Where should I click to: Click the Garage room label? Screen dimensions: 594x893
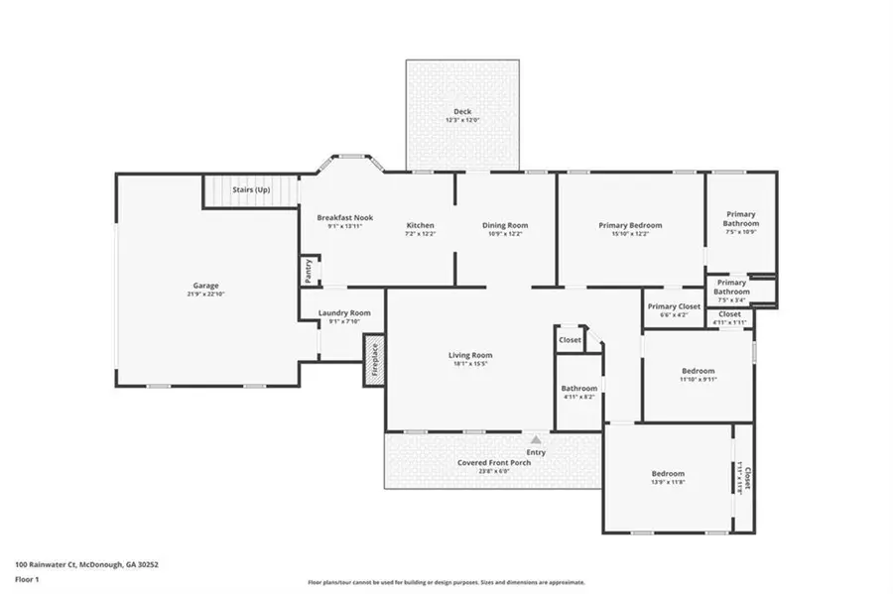coord(205,286)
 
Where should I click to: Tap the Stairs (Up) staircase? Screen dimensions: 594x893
coord(251,189)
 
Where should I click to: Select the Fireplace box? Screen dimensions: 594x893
coord(374,361)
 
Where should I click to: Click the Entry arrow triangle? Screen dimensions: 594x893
coord(536,439)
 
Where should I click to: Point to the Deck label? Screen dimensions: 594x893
coord(462,112)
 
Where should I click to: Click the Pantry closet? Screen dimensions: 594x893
coord(309,270)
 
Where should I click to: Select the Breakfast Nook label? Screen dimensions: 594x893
coord(344,217)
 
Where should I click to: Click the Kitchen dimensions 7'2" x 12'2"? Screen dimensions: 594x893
coord(420,234)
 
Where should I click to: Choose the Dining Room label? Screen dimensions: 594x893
coord(505,225)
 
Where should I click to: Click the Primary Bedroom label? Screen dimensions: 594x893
coord(630,225)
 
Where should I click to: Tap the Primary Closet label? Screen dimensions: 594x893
coord(674,306)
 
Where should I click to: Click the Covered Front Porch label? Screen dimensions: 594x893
coord(493,463)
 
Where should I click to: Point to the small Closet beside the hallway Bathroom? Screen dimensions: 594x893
coord(570,340)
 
